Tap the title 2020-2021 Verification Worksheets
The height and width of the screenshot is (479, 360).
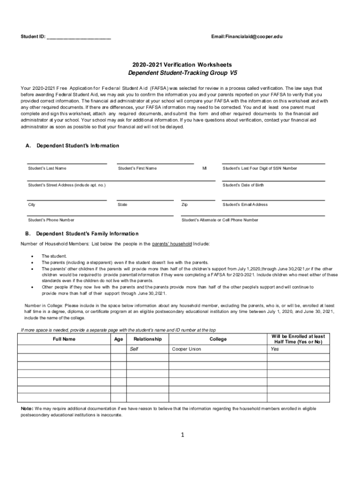click(x=182, y=65)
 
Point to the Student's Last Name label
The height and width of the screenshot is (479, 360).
click(x=47, y=168)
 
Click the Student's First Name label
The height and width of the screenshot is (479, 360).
click(x=137, y=168)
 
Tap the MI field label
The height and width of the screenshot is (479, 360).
click(x=204, y=168)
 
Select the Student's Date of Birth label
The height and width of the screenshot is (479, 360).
click(x=243, y=185)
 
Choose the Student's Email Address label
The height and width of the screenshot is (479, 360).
click(x=245, y=204)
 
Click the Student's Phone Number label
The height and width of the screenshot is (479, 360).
click(x=51, y=220)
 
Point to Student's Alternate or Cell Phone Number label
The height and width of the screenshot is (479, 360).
click(x=219, y=220)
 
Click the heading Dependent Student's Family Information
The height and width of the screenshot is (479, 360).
click(x=87, y=233)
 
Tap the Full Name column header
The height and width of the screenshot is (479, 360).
click(x=64, y=339)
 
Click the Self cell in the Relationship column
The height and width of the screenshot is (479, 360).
click(x=134, y=349)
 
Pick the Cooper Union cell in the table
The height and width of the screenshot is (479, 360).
click(x=187, y=349)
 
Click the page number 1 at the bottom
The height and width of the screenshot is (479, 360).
click(x=183, y=435)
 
